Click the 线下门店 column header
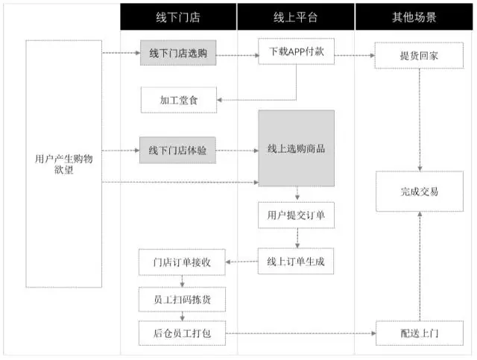point(177,16)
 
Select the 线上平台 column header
point(296,16)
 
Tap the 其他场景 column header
point(415,16)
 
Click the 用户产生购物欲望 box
point(64,163)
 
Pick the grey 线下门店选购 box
point(177,53)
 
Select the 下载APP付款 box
point(297,53)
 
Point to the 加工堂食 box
point(177,99)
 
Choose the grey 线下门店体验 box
point(177,150)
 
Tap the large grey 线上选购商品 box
point(297,148)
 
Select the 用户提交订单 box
point(297,215)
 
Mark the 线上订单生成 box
point(297,262)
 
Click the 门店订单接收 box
point(177,262)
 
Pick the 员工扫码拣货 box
point(177,297)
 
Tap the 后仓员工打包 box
point(177,332)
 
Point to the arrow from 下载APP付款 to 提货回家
point(355,54)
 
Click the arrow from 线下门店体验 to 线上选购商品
point(238,150)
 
